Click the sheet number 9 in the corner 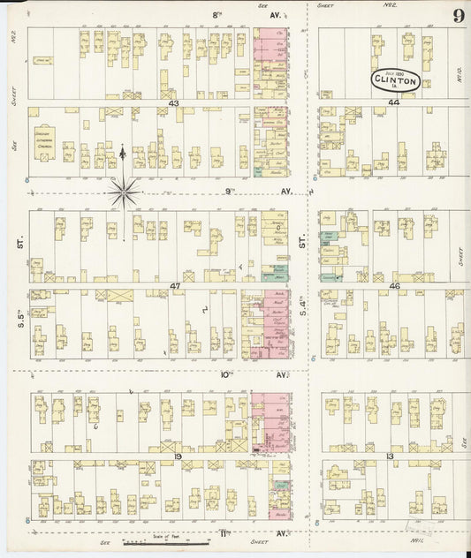[x=459, y=16]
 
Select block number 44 [x=393, y=103]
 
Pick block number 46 [x=395, y=286]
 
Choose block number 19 [x=178, y=456]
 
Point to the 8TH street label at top [x=217, y=15]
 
